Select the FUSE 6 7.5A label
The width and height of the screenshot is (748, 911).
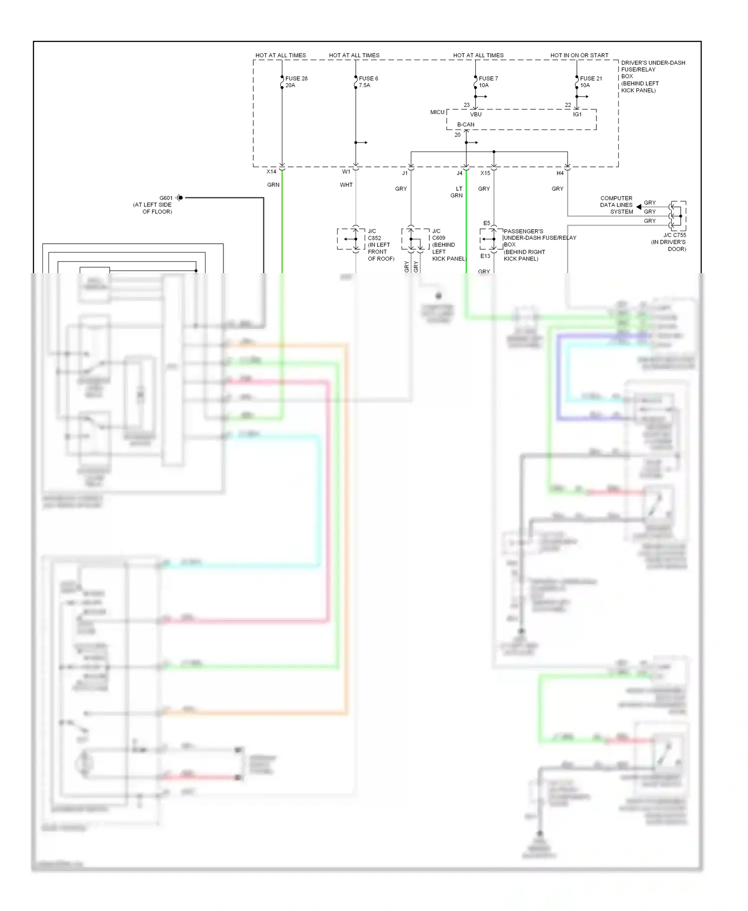(368, 82)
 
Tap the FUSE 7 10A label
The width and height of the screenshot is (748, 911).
(488, 82)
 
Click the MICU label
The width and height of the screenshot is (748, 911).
(437, 112)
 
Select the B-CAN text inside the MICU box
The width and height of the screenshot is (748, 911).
(466, 125)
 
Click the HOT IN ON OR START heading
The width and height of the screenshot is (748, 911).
(579, 55)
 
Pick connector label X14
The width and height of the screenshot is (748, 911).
(271, 171)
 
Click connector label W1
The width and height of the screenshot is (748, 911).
(346, 171)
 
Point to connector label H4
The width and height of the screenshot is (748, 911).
(560, 173)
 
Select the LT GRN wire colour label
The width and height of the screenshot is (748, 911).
(457, 192)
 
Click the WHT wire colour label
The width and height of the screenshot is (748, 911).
(346, 185)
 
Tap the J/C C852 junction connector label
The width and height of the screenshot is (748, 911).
(380, 245)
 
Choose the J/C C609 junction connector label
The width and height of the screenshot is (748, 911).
(447, 245)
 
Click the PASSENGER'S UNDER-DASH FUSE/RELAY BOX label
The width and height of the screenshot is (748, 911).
(539, 245)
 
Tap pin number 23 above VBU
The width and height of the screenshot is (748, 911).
(466, 105)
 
